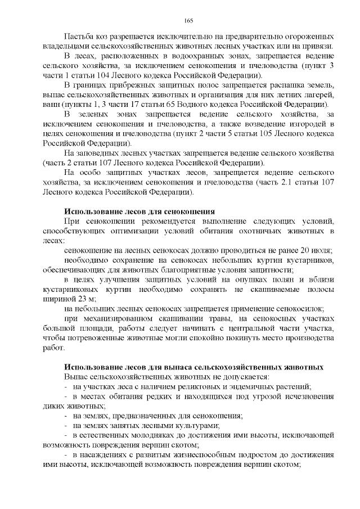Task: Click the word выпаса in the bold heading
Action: pyautogui.click(x=175, y=367)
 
